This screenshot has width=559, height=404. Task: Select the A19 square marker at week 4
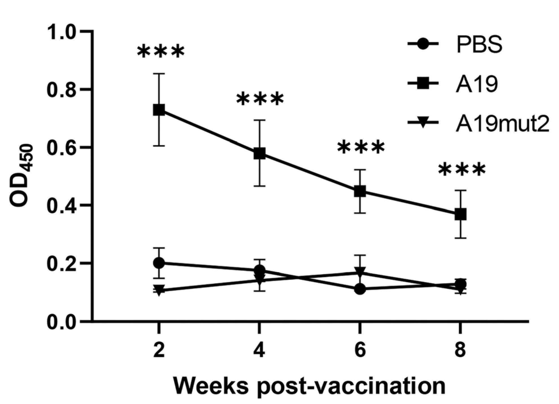(x=259, y=154)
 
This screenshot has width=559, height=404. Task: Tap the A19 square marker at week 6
(x=360, y=191)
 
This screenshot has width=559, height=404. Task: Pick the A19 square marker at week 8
(x=460, y=214)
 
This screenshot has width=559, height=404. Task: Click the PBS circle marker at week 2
(x=159, y=263)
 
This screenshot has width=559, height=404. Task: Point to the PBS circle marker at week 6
(x=360, y=289)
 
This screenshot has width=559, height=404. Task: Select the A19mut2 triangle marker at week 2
(x=159, y=290)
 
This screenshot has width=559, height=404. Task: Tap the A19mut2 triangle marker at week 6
(x=360, y=272)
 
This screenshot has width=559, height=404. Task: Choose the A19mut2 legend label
(x=502, y=123)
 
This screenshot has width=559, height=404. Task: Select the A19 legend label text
(x=477, y=84)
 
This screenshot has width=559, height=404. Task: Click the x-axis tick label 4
(x=259, y=350)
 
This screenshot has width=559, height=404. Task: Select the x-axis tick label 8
(x=460, y=350)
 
